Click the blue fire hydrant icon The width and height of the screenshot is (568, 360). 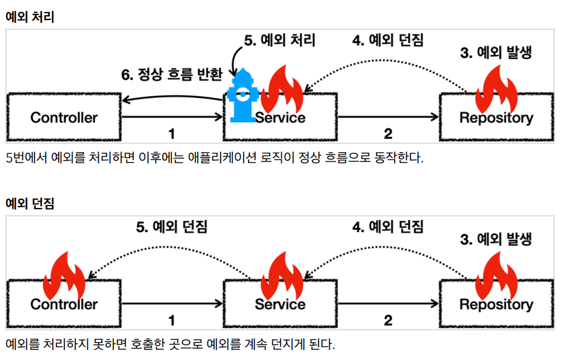pyautogui.click(x=242, y=96)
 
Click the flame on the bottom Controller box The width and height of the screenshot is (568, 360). pyautogui.click(x=64, y=276)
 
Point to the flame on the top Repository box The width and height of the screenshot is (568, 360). pyautogui.click(x=496, y=89)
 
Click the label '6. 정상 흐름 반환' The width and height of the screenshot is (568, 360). pyautogui.click(x=172, y=75)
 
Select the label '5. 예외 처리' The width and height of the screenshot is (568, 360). pyautogui.click(x=279, y=40)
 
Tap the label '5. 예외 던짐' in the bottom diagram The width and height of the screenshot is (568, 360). pyautogui.click(x=172, y=227)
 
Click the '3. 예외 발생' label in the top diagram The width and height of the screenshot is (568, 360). pyautogui.click(x=496, y=53)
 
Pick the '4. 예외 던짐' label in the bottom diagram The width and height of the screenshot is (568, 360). pyautogui.click(x=388, y=227)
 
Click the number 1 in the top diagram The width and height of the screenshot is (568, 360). pyautogui.click(x=172, y=134)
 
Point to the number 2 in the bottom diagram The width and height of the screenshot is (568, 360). pyautogui.click(x=388, y=320)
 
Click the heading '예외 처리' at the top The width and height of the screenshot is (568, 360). pyautogui.click(x=30, y=16)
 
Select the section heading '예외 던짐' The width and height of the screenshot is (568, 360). pyautogui.click(x=30, y=203)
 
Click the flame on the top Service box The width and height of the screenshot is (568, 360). pyautogui.click(x=282, y=89)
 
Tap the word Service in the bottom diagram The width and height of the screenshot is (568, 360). pyautogui.click(x=280, y=304)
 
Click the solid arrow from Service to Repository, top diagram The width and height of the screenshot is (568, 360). pyautogui.click(x=389, y=116)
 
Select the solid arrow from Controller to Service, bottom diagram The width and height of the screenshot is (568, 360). pyautogui.click(x=172, y=304)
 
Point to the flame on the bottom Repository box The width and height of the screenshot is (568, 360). pyautogui.click(x=496, y=276)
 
